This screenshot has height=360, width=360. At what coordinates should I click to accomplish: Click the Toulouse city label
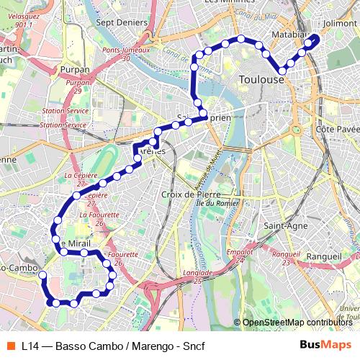pos(261,79)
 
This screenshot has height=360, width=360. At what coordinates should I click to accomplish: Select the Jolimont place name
pos(341,23)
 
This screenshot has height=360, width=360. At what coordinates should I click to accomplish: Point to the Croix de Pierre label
pos(192,194)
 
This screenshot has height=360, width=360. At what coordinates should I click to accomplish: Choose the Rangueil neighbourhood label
pos(323,256)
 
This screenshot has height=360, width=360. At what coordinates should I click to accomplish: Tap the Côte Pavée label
pos(337,128)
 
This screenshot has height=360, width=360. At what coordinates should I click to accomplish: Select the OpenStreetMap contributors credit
pos(297,323)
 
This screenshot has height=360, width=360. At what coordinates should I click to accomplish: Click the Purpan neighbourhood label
pos(76,70)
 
